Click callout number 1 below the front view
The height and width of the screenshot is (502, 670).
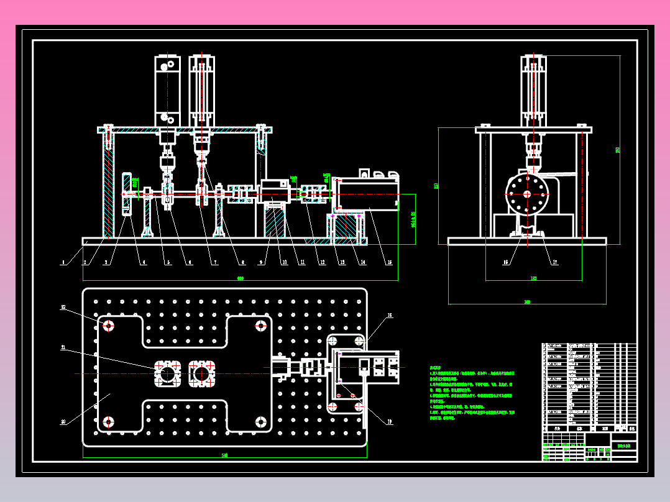pos(62,263)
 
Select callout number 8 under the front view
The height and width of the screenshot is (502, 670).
pos(243,263)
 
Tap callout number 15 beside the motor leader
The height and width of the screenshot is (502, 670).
pos(390,263)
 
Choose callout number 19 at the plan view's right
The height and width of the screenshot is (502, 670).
pos(390,422)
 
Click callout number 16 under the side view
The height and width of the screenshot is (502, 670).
pos(505,262)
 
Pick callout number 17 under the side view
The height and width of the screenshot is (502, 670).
pos(555,262)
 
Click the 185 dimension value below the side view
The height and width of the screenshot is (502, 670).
pos(533,278)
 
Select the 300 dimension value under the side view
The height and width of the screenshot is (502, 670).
pos(527,302)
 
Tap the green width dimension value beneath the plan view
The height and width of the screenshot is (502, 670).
pos(224,456)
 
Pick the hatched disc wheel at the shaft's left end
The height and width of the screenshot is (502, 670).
pos(127,194)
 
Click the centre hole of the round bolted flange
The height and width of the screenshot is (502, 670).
pos(527,194)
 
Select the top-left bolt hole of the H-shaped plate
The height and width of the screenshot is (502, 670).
pos(109,326)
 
